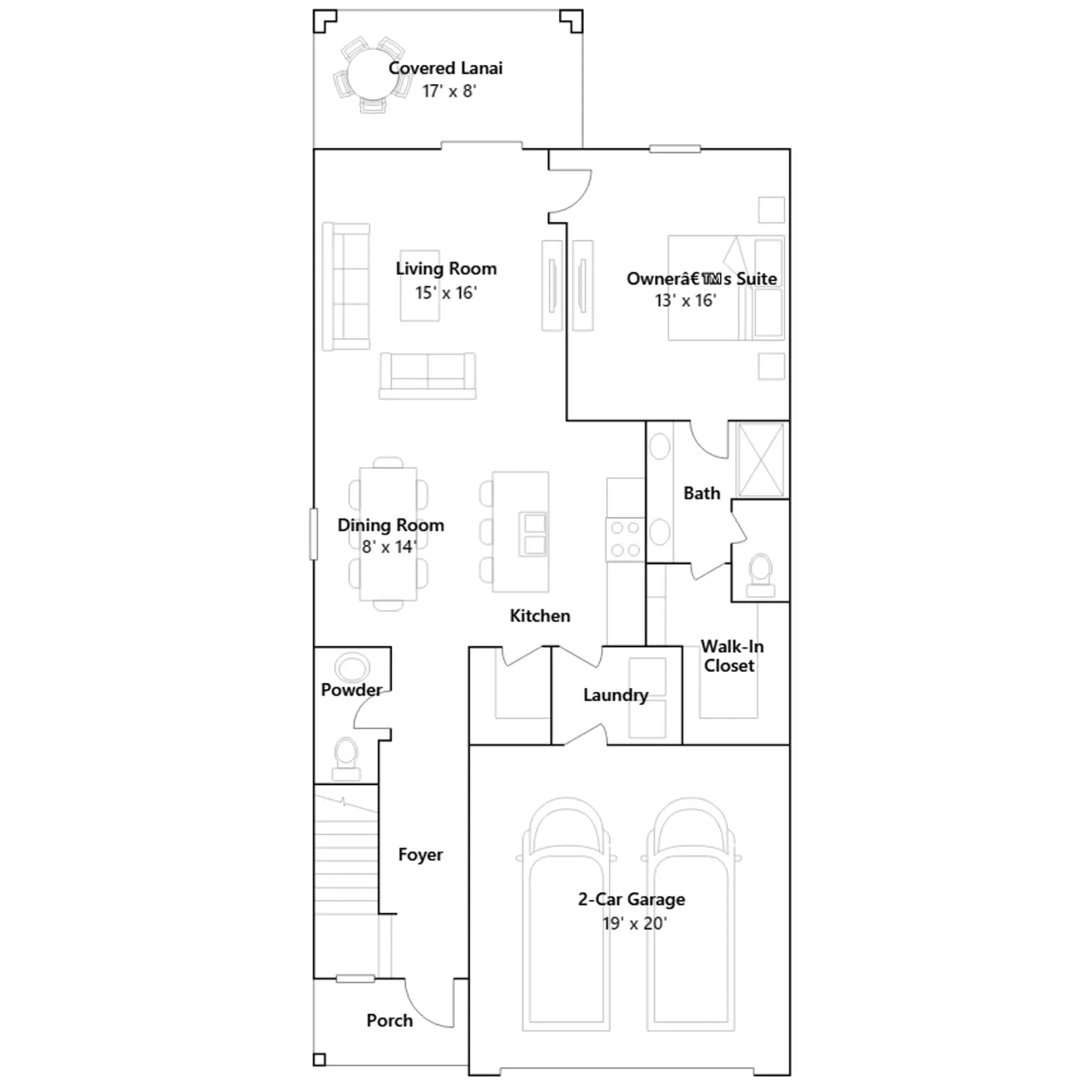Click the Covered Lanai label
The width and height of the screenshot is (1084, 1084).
click(445, 68)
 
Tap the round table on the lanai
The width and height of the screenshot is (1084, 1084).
click(372, 75)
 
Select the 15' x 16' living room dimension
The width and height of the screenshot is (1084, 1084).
click(446, 293)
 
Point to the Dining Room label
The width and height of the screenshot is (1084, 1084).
click(391, 525)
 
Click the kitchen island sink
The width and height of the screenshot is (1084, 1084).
click(534, 534)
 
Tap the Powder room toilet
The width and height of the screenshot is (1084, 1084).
click(346, 759)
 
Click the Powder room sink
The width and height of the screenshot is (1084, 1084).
click(352, 667)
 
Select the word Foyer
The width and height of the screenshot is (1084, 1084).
click(420, 855)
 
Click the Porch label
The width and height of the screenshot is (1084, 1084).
click(390, 1020)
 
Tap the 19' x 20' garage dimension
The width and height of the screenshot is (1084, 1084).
click(635, 923)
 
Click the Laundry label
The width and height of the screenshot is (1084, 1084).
click(616, 695)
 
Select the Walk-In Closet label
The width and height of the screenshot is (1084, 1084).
click(732, 656)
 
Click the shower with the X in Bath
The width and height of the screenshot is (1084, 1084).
click(760, 460)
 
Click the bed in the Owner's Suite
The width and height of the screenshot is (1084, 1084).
click(726, 288)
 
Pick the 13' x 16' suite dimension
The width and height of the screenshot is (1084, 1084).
click(686, 300)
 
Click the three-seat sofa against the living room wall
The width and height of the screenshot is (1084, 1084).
click(346, 287)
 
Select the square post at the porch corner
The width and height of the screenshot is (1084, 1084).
click(319, 1060)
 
